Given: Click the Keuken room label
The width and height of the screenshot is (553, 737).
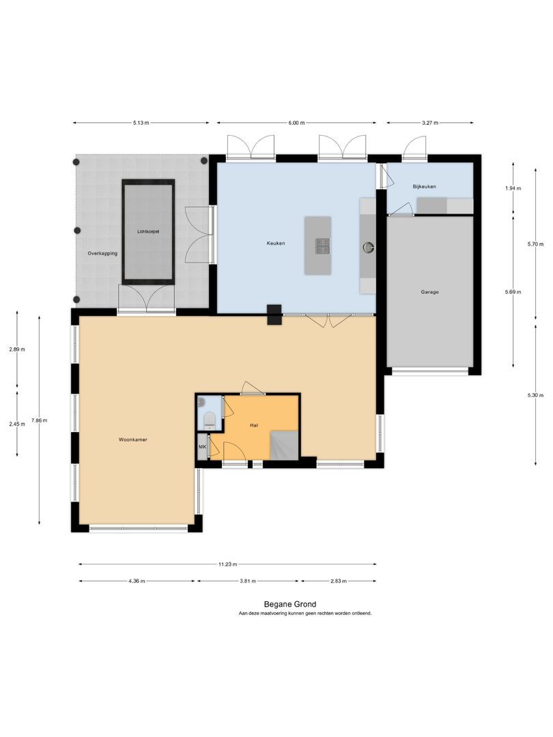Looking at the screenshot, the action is [x=276, y=244].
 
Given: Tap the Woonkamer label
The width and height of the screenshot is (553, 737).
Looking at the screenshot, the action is [x=133, y=440].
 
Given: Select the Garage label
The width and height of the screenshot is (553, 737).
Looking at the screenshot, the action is [x=430, y=292].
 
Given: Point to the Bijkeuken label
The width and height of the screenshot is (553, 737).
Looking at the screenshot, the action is [x=424, y=186].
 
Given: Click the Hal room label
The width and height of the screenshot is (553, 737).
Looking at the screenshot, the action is [x=254, y=425].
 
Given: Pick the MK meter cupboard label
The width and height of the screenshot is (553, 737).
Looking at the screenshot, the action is [x=203, y=446].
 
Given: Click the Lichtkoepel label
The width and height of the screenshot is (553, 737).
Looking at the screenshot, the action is [x=148, y=232].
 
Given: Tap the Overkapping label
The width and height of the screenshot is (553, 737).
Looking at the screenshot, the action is [x=102, y=253].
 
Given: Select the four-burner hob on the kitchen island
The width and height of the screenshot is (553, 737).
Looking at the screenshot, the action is [x=323, y=246].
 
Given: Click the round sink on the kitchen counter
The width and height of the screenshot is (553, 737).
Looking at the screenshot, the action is [x=368, y=246].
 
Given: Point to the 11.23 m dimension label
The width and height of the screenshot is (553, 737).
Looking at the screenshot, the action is [x=227, y=564].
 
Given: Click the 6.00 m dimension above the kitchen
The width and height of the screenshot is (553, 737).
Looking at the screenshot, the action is [x=296, y=123].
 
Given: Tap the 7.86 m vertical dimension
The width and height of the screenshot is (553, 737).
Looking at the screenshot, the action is [x=39, y=420].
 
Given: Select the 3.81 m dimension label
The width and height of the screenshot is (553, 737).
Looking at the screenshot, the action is [x=248, y=581].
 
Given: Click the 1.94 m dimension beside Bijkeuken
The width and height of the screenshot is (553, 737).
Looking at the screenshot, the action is [x=513, y=188].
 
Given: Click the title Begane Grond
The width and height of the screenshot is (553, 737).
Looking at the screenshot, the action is [x=289, y=605].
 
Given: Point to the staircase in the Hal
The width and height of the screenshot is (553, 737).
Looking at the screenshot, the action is [x=284, y=446].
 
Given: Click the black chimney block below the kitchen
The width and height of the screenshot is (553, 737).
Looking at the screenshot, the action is [x=274, y=315].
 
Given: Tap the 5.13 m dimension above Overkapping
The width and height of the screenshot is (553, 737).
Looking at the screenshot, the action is [x=141, y=123].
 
